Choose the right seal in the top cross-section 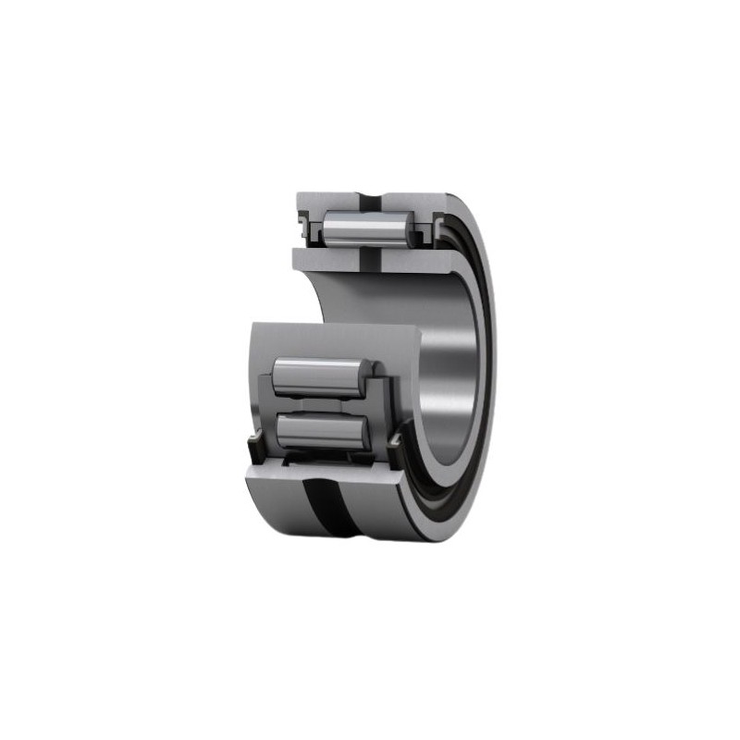[426, 229]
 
